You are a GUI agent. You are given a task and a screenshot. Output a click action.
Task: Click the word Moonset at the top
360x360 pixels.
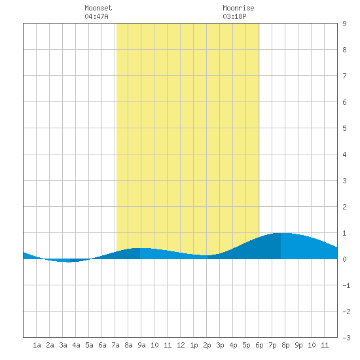tap(98, 8)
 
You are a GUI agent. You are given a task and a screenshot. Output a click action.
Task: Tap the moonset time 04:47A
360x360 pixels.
tap(96, 16)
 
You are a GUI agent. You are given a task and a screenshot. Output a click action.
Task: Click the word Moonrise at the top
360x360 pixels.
tap(238, 8)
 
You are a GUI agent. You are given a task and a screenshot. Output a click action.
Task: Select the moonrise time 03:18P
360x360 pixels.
tap(234, 16)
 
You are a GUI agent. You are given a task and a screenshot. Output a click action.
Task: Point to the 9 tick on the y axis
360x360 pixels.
tap(344, 24)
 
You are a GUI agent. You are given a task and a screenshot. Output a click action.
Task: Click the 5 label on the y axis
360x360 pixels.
tap(344, 128)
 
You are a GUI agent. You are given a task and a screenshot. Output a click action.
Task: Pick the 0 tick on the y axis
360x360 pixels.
tap(344, 259)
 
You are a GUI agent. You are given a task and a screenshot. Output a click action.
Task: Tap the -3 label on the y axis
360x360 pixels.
tap(346, 338)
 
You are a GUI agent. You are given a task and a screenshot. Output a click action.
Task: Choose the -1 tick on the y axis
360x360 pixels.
tap(346, 285)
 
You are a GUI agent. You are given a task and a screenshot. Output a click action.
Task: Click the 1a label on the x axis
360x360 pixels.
tap(37, 345)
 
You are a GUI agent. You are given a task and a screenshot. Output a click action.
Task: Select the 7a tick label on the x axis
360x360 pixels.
tap(115, 345)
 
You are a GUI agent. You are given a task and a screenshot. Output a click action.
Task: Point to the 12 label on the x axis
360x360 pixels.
tap(181, 345)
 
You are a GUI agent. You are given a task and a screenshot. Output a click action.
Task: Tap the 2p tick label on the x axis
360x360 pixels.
tap(207, 345)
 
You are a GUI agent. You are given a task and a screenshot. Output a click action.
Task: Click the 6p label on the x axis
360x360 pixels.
tap(259, 345)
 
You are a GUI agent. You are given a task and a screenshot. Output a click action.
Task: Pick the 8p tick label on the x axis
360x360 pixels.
tap(285, 345)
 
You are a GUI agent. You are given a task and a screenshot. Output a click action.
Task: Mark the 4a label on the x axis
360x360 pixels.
tap(76, 345)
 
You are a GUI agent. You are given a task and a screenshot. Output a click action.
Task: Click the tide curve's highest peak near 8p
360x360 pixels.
tap(281, 233)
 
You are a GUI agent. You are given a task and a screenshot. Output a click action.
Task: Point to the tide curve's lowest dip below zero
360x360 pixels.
tap(69, 262)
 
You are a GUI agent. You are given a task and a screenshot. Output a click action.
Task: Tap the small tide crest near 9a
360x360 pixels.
tap(140, 248)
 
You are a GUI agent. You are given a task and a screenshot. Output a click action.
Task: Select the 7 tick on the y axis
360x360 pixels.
tap(344, 76)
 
